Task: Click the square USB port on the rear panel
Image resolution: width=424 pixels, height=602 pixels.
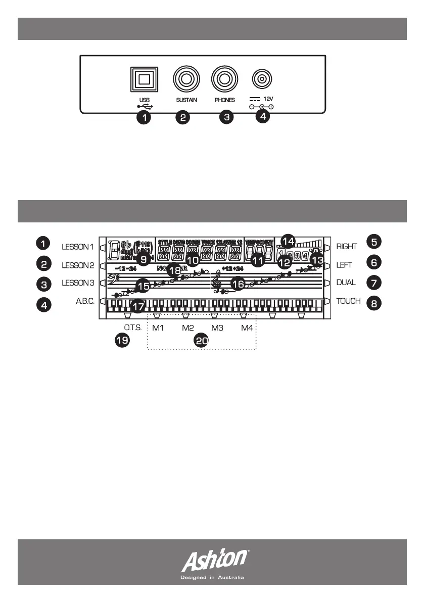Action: tap(144, 80)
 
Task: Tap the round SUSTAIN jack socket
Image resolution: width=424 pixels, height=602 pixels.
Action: tap(186, 80)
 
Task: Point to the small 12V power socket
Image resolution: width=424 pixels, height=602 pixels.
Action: tap(262, 79)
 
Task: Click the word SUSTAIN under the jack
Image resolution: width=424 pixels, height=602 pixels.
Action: tap(186, 100)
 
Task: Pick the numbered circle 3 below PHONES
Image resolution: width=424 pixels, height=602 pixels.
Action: tap(227, 117)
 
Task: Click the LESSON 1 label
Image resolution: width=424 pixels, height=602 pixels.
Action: tap(78, 247)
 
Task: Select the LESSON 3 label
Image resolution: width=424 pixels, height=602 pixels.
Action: tap(78, 283)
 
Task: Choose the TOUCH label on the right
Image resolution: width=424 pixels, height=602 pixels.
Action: tap(348, 301)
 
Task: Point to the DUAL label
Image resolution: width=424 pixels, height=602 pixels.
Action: tap(346, 283)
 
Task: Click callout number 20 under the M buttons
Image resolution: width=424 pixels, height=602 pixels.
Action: tap(202, 341)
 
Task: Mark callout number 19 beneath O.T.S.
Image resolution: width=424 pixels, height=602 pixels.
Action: tap(121, 341)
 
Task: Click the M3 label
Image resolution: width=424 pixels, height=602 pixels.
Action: tap(217, 328)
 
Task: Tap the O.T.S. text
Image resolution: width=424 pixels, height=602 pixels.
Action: tap(133, 328)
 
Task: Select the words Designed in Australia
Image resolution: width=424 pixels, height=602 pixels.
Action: tap(212, 577)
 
